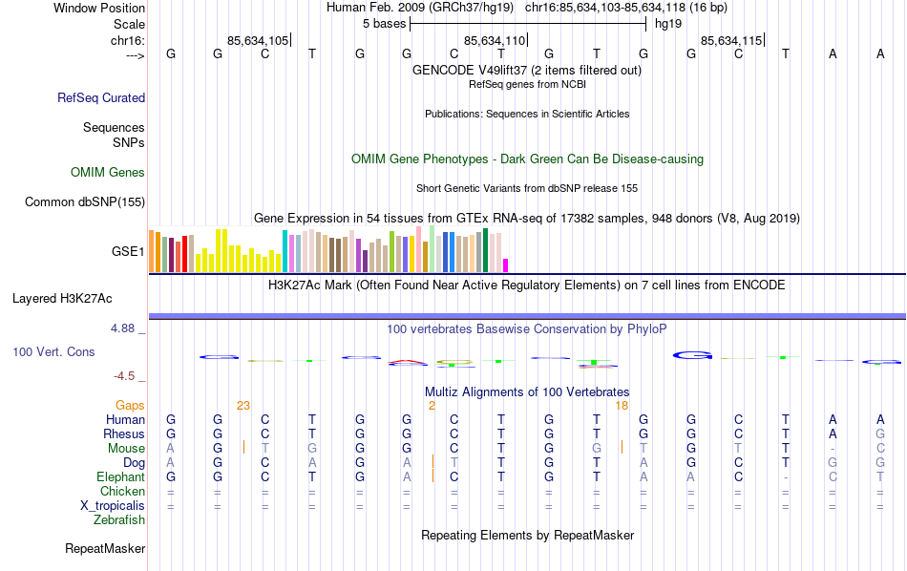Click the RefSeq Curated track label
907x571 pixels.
coord(101,97)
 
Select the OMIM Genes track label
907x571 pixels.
coord(107,173)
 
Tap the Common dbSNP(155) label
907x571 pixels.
coord(85,201)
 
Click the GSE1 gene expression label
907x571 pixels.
coord(128,252)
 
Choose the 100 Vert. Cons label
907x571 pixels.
coord(53,352)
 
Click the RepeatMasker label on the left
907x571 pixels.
coord(105,549)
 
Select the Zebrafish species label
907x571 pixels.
coord(119,520)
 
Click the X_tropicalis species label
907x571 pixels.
coord(113,506)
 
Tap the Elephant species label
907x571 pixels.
coord(120,477)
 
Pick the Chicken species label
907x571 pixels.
coord(122,492)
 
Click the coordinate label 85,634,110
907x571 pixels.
coord(495,40)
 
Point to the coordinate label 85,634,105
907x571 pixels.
coord(258,40)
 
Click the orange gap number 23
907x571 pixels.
coord(243,406)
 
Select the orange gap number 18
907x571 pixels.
coord(622,406)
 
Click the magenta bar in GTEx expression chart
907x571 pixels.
coord(506,265)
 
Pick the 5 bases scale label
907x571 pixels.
coord(385,24)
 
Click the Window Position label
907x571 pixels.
coord(99,8)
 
